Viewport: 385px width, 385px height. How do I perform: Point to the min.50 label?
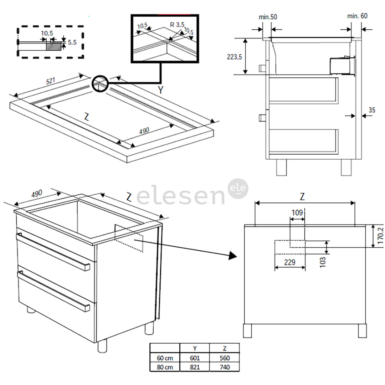(268, 16)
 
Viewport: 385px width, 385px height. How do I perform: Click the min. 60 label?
(357, 16)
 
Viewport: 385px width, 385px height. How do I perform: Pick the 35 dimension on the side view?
(371, 110)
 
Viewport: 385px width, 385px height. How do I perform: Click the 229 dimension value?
(290, 262)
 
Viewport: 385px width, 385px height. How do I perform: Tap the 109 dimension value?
(297, 213)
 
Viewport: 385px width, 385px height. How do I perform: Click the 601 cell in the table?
(195, 358)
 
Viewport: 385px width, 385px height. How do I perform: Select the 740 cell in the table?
(225, 367)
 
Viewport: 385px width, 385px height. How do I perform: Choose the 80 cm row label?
(164, 367)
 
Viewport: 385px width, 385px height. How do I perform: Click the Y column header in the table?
(195, 348)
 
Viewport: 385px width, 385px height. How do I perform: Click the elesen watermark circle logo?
(238, 189)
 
